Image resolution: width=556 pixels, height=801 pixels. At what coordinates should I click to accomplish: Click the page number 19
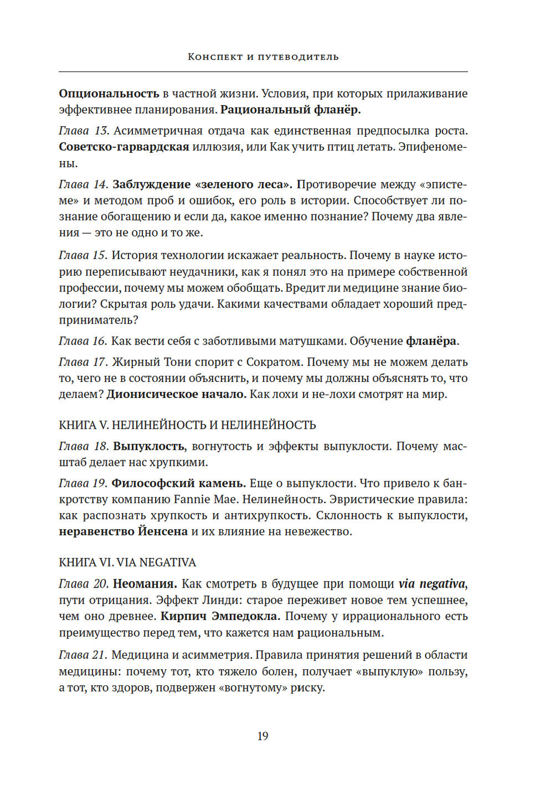click(x=263, y=736)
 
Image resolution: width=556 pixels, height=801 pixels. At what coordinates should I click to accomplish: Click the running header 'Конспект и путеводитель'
click(x=263, y=57)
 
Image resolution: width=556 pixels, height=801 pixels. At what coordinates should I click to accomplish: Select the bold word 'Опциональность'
click(x=109, y=93)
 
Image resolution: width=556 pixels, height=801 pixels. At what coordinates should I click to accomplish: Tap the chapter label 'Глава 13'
click(x=83, y=131)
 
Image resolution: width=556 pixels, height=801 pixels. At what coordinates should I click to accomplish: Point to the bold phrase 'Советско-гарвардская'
click(x=124, y=147)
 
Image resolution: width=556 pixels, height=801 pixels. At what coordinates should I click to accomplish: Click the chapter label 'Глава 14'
click(x=83, y=184)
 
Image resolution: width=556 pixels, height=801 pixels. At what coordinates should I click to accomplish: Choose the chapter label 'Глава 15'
click(x=83, y=255)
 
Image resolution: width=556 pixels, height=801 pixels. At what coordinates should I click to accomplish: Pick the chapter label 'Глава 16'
click(x=83, y=341)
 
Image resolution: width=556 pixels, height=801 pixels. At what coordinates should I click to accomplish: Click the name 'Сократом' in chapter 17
click(x=273, y=362)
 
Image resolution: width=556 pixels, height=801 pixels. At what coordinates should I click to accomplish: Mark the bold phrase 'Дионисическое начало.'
click(x=176, y=394)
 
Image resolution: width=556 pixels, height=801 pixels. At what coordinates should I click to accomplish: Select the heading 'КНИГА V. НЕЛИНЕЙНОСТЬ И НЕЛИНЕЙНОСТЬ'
click(x=187, y=425)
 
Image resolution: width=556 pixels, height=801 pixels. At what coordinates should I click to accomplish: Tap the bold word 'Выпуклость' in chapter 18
click(x=149, y=446)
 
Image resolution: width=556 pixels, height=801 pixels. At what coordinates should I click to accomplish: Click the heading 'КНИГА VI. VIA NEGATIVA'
click(x=127, y=563)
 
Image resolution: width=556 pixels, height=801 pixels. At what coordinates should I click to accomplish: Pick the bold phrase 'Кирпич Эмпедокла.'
click(x=221, y=616)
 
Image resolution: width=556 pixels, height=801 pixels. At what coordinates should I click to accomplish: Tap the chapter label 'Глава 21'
click(x=83, y=655)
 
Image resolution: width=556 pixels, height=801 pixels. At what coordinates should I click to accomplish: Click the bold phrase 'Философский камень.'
click(x=179, y=483)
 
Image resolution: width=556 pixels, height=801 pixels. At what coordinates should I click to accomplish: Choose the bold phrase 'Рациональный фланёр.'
click(x=291, y=110)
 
